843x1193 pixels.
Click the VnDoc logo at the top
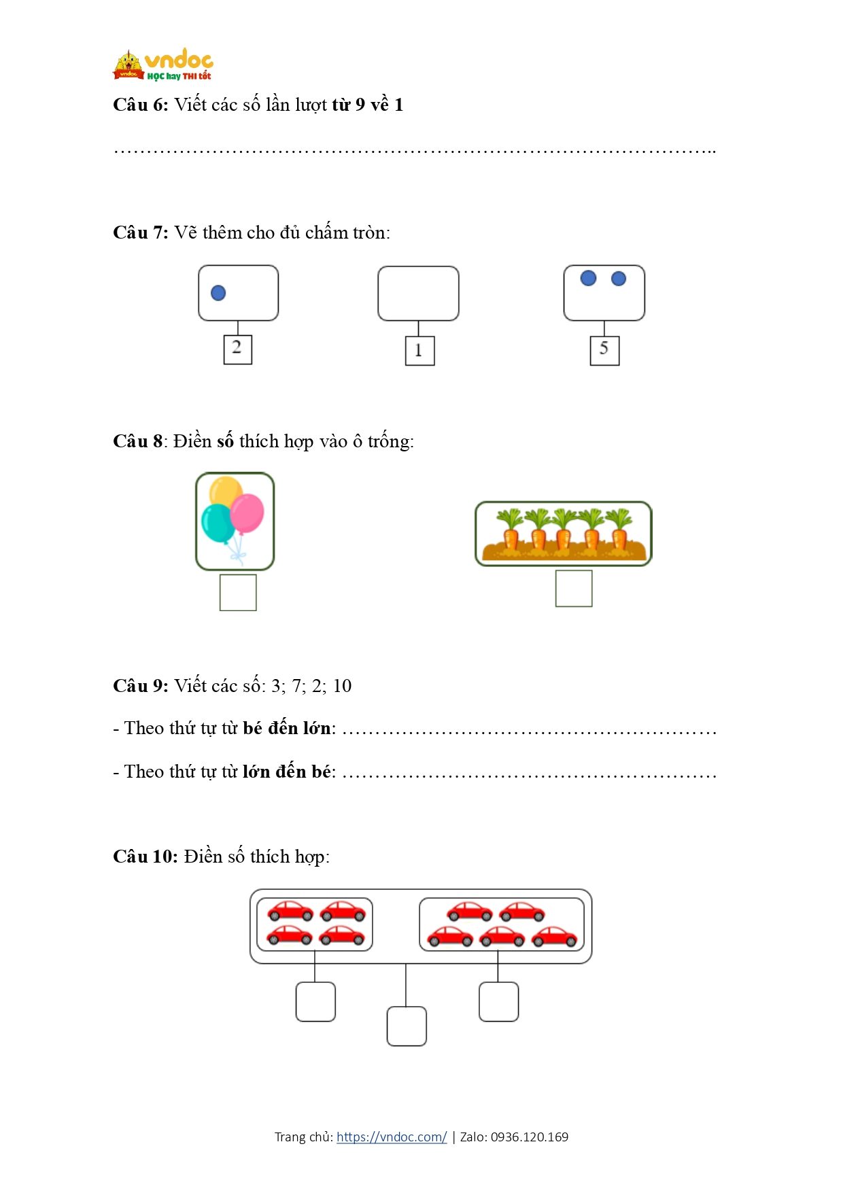click(x=163, y=65)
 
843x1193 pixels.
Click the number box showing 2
click(x=237, y=349)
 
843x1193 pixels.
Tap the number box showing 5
click(x=604, y=351)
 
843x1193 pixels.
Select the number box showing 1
click(x=419, y=351)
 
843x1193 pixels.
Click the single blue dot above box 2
click(x=218, y=293)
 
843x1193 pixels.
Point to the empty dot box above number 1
click(x=418, y=293)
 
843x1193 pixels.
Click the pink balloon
click(x=247, y=513)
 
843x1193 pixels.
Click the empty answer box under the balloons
click(x=238, y=592)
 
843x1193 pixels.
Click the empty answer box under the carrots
click(x=574, y=588)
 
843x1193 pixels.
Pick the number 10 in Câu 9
click(x=342, y=686)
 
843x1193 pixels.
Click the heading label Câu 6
click(x=140, y=105)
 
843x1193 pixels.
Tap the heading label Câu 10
click(x=145, y=857)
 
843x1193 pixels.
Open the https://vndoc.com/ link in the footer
click(x=392, y=1137)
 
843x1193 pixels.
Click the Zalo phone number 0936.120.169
click(x=530, y=1137)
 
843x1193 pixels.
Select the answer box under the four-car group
click(x=315, y=1001)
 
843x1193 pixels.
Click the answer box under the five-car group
click(x=498, y=1001)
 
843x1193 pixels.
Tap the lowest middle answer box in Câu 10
click(x=407, y=1026)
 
